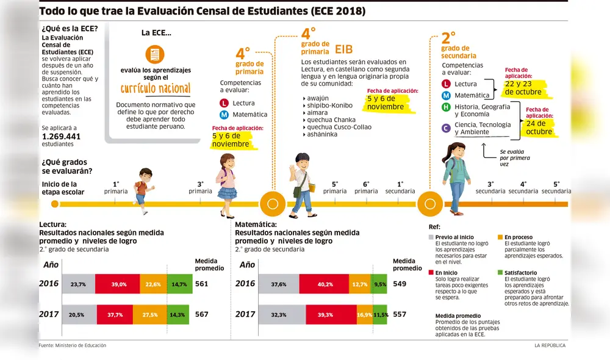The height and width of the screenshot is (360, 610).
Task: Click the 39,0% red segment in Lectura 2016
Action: click(x=119, y=284)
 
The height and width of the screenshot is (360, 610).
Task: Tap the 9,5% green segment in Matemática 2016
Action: click(x=379, y=284)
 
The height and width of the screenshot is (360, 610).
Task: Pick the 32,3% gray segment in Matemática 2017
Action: click(x=278, y=314)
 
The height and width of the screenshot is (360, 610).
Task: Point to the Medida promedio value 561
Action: click(x=201, y=284)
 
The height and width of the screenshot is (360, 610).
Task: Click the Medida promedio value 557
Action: click(x=400, y=314)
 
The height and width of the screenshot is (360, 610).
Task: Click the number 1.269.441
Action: click(x=61, y=136)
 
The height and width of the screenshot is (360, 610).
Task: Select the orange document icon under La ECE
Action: click(x=154, y=54)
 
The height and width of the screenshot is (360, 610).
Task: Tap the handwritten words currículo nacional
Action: click(x=155, y=88)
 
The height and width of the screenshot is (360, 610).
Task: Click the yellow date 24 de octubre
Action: click(x=539, y=128)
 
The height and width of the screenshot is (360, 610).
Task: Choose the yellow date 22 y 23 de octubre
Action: click(x=523, y=88)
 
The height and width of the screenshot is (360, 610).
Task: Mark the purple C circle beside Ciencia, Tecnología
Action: click(x=446, y=128)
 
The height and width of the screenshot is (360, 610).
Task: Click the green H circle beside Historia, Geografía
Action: click(x=446, y=107)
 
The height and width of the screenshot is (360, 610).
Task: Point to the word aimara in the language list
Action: click(x=317, y=112)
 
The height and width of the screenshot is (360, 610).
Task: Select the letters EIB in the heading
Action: click(x=343, y=49)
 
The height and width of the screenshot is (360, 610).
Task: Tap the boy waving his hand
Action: click(x=302, y=183)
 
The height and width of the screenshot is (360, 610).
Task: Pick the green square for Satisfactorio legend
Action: click(x=500, y=273)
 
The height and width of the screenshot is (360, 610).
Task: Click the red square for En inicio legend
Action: click(x=431, y=273)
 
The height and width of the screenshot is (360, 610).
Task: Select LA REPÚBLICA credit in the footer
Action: click(x=550, y=345)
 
